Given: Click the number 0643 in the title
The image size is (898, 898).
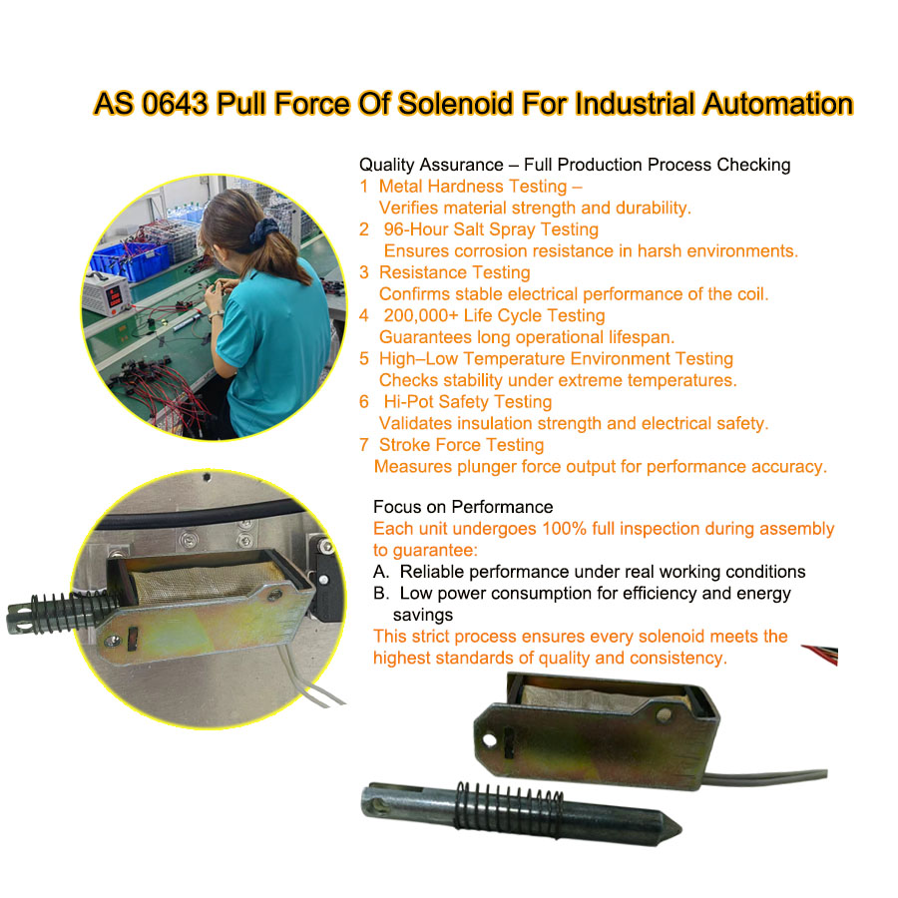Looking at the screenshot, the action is pyautogui.click(x=174, y=104).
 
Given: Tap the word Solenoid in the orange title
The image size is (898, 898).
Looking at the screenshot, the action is pyautogui.click(x=455, y=104).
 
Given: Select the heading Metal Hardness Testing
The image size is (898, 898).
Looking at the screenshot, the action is pyautogui.click(x=473, y=187).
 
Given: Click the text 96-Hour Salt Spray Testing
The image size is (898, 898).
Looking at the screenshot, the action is pyautogui.click(x=491, y=229).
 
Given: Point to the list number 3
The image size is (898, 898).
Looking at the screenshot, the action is pyautogui.click(x=364, y=272).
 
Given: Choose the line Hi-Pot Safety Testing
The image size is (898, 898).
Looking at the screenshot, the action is pyautogui.click(x=467, y=401).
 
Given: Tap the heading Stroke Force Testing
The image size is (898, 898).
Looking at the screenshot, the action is pyautogui.click(x=461, y=444).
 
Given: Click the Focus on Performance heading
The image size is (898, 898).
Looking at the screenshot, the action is pyautogui.click(x=463, y=507).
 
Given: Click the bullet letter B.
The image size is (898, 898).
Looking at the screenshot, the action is pyautogui.click(x=381, y=593).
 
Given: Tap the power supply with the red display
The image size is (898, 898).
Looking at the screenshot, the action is pyautogui.click(x=107, y=293).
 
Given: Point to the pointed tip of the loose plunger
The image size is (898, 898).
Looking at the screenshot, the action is pyautogui.click(x=680, y=828).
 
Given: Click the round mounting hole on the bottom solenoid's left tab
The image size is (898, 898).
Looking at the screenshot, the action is pyautogui.click(x=490, y=740).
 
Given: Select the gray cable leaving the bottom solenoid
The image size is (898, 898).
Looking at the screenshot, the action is pyautogui.click(x=765, y=777).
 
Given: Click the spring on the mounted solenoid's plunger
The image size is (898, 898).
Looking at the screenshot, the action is pyautogui.click(x=73, y=613).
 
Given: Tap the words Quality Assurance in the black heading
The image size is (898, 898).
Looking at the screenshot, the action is pyautogui.click(x=431, y=165).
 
